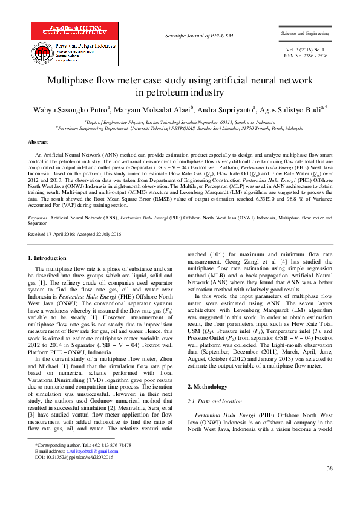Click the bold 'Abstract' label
tap(38, 142)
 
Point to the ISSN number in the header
tap(306, 55)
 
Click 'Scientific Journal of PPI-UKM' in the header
tap(191, 36)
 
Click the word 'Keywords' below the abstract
tap(39, 216)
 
